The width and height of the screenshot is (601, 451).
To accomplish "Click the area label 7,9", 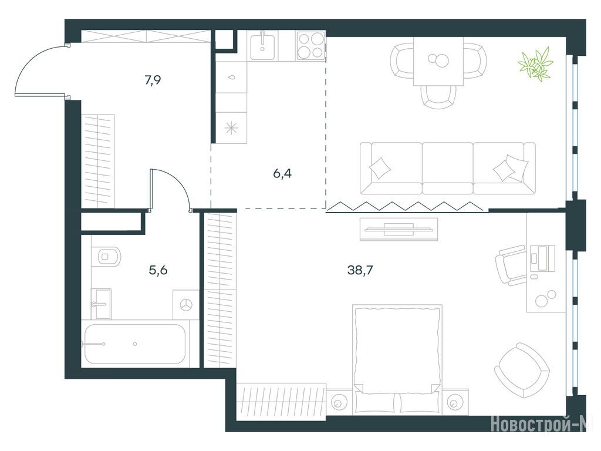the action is (x=153, y=80).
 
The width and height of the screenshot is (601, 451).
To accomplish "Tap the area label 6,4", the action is (x=282, y=174).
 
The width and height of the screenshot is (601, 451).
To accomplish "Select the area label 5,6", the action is (x=158, y=270).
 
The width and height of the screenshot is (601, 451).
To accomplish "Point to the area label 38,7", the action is (x=360, y=270).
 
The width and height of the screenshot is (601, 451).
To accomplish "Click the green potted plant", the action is (x=535, y=63).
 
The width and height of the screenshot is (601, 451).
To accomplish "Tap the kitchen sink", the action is (x=263, y=46).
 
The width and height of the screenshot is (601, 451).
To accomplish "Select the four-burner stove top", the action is (x=310, y=46).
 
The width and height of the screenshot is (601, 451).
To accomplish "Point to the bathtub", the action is (x=135, y=344).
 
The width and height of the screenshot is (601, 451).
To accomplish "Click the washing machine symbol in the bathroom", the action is (x=186, y=305).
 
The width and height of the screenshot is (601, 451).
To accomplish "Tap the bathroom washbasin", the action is (x=102, y=304).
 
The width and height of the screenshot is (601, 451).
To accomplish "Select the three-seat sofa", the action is (x=448, y=168).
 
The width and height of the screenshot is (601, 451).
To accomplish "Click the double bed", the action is (x=397, y=359).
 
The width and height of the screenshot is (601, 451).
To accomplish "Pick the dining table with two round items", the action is (x=438, y=61).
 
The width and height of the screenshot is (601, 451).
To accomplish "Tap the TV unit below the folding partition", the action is (x=399, y=230).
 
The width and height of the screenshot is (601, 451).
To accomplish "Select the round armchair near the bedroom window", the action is (x=522, y=371).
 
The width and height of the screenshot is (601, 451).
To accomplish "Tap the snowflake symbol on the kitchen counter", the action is (x=231, y=128).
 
